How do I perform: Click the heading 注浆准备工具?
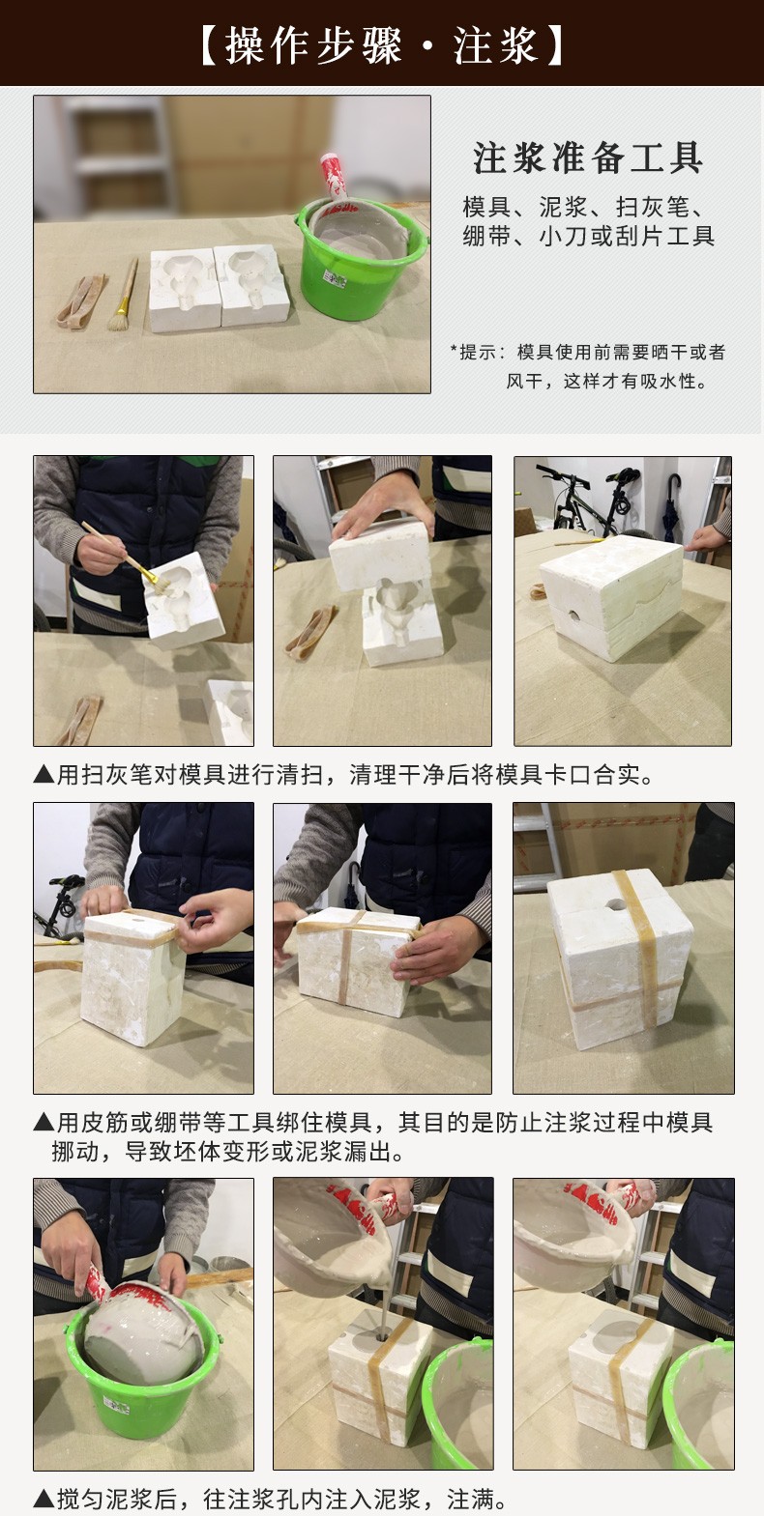click(588, 157)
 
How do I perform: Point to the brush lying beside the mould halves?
click(123, 294)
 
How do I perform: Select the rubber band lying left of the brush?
click(80, 300)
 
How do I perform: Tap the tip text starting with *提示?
click(588, 366)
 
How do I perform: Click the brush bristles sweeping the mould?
click(156, 579)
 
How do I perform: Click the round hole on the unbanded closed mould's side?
click(573, 616)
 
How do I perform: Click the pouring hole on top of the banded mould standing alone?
click(616, 903)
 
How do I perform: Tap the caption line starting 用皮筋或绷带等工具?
click(373, 1123)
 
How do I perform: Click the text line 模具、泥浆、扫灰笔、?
click(584, 207)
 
